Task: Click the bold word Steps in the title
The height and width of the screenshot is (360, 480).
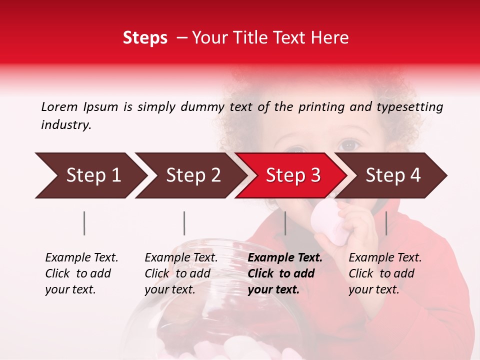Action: click(x=145, y=38)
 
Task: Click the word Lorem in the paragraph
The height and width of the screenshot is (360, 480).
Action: click(x=59, y=106)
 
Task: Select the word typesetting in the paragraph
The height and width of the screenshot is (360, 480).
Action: click(x=409, y=107)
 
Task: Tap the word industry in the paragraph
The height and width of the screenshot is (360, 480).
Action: click(x=65, y=125)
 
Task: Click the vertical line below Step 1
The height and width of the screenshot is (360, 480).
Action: click(x=84, y=223)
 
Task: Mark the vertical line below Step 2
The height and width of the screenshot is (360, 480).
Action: click(x=184, y=223)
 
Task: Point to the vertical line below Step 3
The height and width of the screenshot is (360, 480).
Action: click(x=285, y=223)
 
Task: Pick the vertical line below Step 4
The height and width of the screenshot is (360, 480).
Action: click(x=386, y=223)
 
